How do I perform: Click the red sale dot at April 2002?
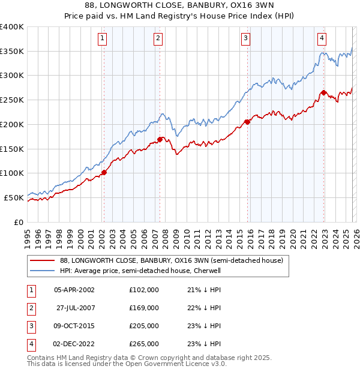click(x=104, y=172)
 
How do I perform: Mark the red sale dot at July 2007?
click(x=160, y=139)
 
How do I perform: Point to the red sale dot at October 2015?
click(x=247, y=122)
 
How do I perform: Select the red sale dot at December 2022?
click(x=323, y=92)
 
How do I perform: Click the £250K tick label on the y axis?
click(x=12, y=100)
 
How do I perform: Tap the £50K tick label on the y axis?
click(x=13, y=197)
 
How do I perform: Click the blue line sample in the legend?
click(x=42, y=271)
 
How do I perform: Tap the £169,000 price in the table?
click(x=144, y=308)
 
